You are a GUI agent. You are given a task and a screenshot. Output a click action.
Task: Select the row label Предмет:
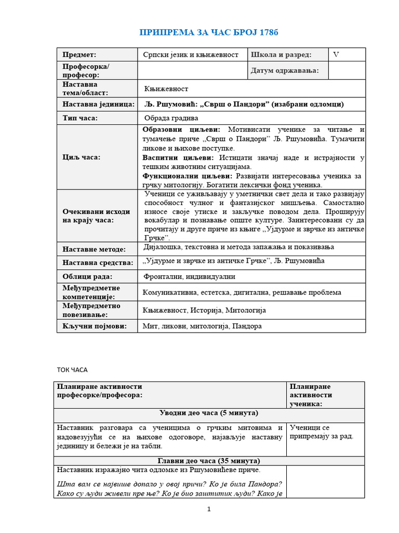[x=79, y=55]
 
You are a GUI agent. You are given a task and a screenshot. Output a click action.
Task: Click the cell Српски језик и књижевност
[x=191, y=55]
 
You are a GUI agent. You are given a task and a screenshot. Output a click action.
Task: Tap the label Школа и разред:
[x=281, y=55]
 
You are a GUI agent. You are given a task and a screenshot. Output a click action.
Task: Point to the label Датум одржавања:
[x=285, y=70]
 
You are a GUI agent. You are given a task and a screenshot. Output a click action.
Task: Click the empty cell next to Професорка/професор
[x=191, y=70]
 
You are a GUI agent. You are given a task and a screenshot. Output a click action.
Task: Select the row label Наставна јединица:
[x=98, y=104]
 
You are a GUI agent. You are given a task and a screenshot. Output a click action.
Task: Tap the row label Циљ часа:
[x=82, y=157]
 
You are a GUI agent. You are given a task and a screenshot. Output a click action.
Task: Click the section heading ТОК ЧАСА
[x=72, y=370]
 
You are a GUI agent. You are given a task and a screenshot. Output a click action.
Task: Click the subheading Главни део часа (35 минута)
[x=208, y=461]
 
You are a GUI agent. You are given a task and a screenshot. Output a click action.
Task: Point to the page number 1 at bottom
[x=209, y=510]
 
